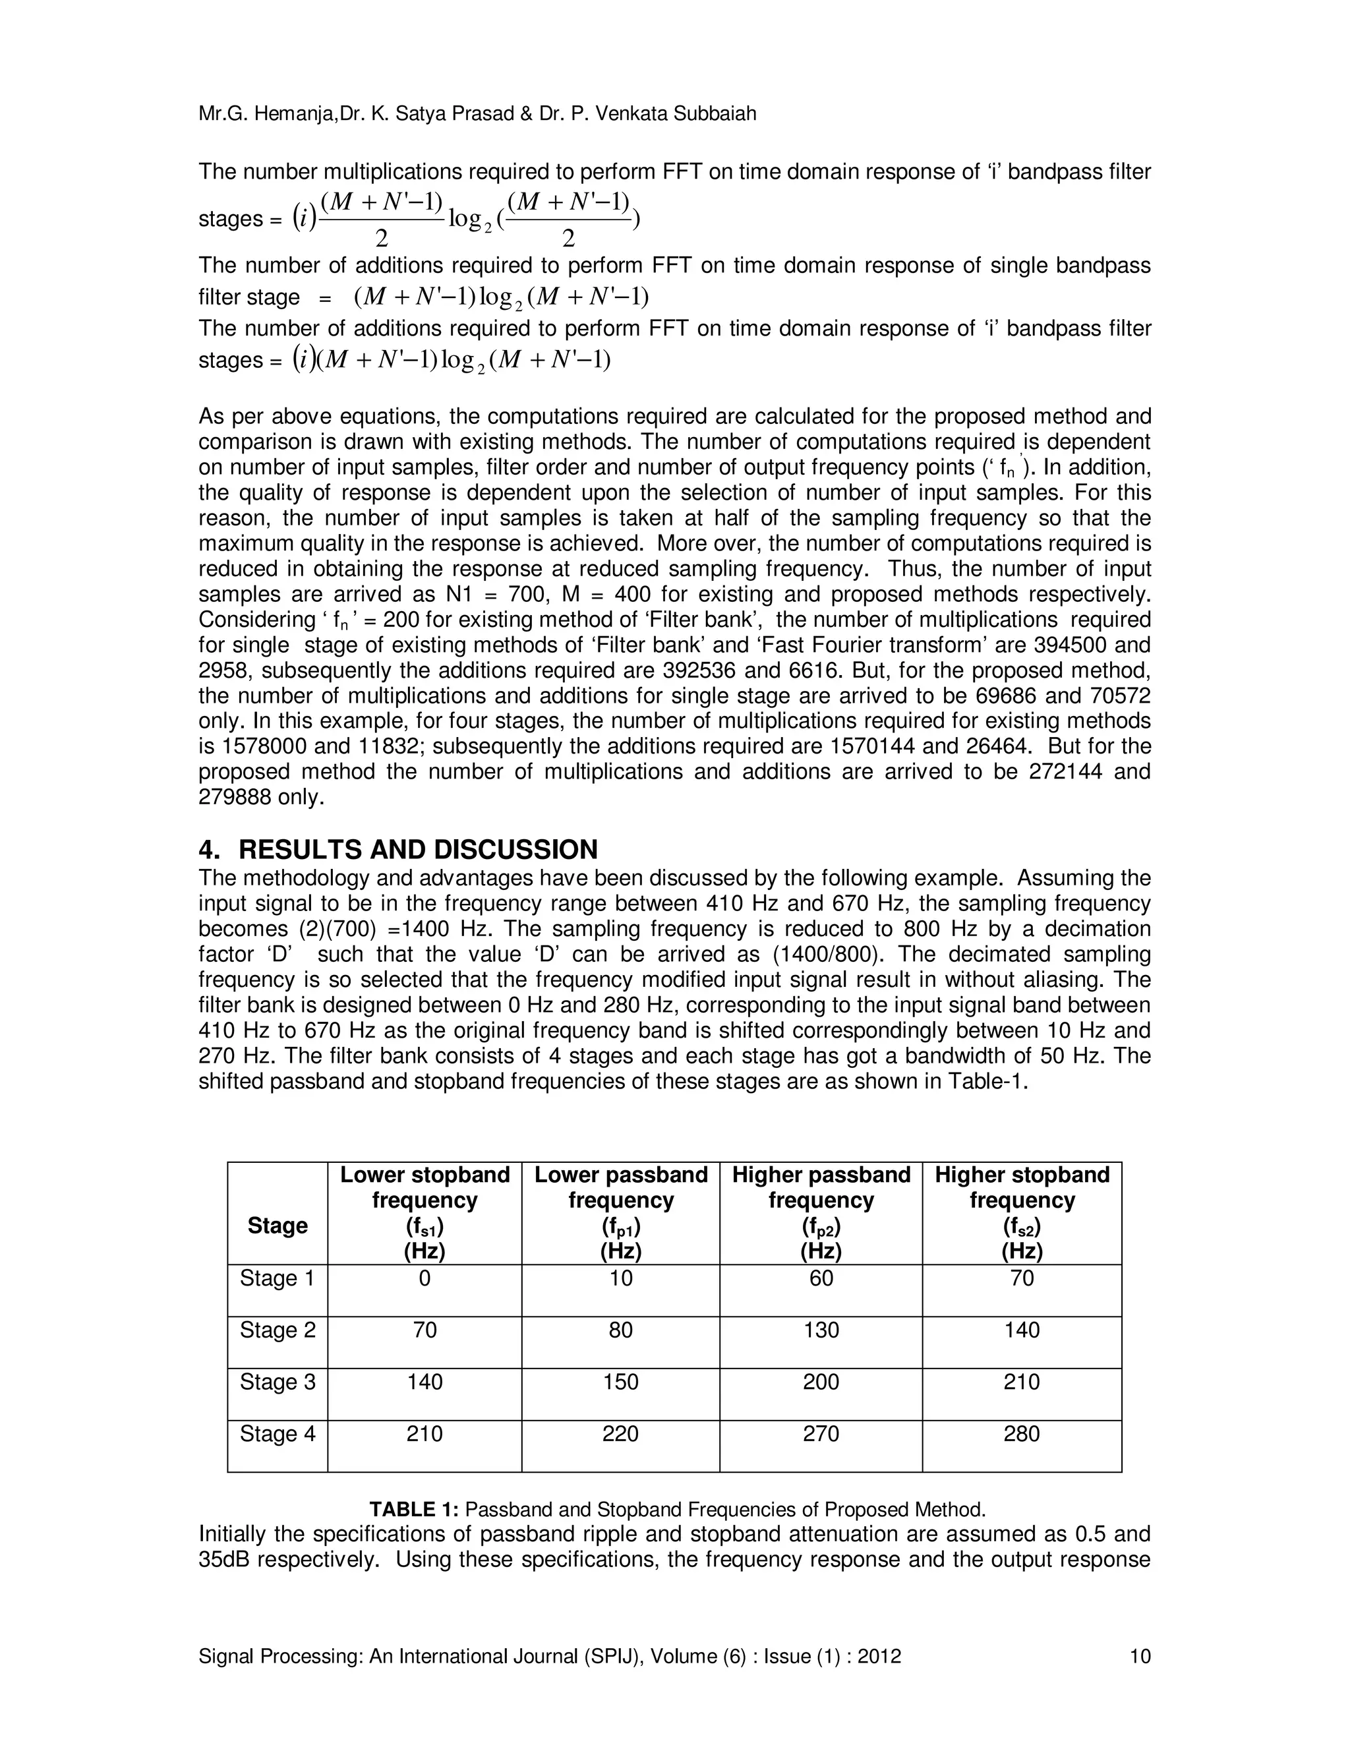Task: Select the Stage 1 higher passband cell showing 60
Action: [x=821, y=1278]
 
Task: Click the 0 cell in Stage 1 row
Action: [x=425, y=1278]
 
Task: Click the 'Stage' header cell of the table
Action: [x=278, y=1226]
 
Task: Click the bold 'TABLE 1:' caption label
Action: [x=413, y=1510]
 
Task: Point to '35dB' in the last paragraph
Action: [x=225, y=1560]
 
